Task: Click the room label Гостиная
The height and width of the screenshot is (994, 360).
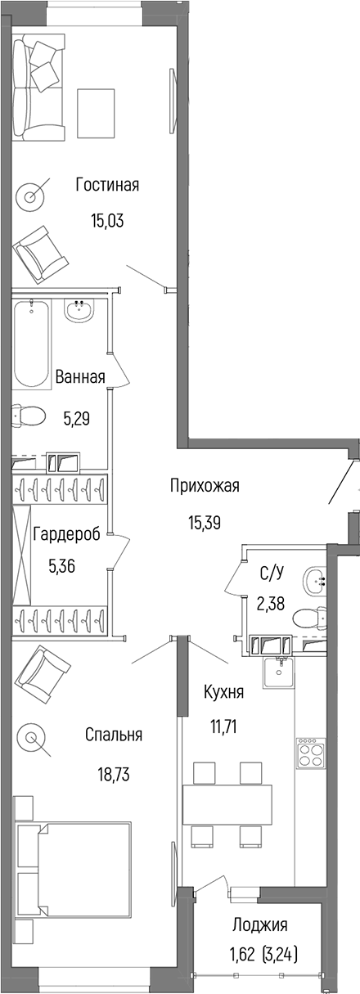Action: (107, 185)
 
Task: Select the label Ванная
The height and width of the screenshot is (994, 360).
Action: (80, 377)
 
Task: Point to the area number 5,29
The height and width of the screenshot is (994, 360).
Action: (76, 418)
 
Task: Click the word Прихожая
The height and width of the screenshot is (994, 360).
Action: (205, 486)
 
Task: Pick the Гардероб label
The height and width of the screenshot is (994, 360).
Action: (66, 535)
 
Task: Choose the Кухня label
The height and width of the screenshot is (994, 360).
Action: (223, 692)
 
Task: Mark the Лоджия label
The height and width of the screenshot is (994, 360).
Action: (260, 925)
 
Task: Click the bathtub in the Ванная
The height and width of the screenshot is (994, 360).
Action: (31, 344)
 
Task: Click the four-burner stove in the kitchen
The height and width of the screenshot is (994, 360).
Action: (311, 751)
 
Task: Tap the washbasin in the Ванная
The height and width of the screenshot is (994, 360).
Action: (80, 311)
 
